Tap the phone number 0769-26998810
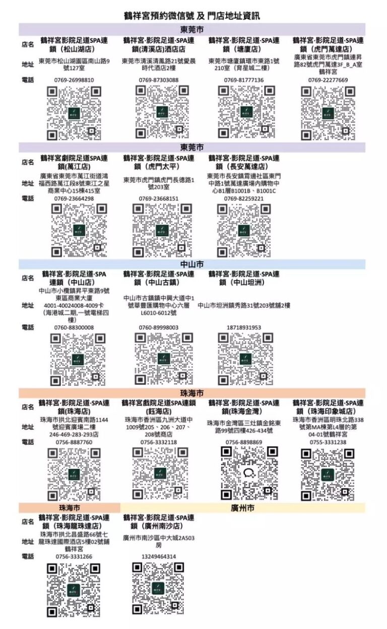74,80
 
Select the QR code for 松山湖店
74,113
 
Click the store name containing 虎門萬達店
328,44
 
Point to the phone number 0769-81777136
244,80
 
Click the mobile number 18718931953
244,327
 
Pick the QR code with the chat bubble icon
249,472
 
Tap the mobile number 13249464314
159,556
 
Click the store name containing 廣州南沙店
159,521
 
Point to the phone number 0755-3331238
328,442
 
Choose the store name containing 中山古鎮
159,278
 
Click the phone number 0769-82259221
244,198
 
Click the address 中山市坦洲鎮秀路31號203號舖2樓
244,305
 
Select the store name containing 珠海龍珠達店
74,521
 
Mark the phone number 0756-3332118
159,442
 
